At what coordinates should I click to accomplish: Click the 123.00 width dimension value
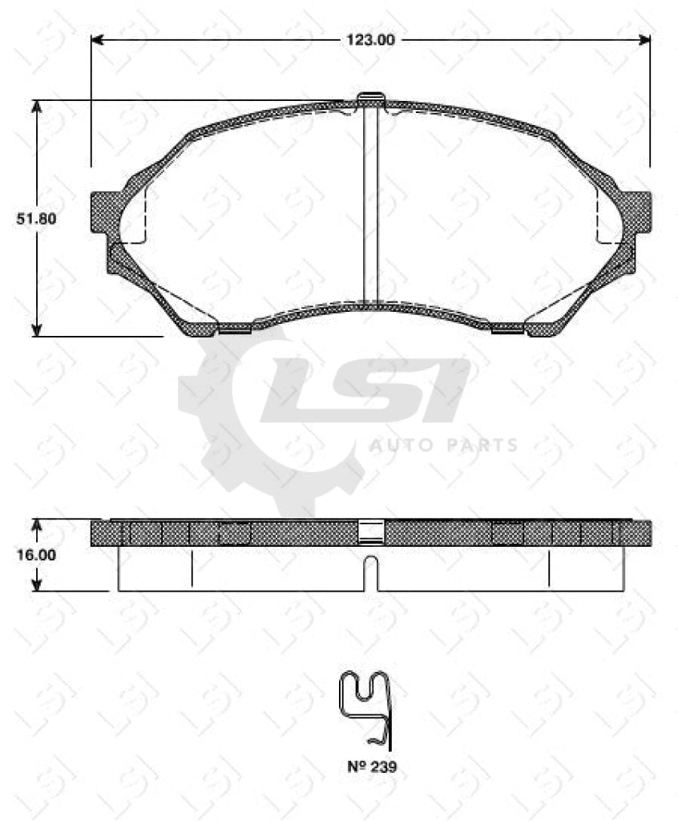click(x=370, y=39)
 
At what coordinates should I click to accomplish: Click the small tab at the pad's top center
click(x=370, y=98)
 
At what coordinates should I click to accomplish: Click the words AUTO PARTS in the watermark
click(x=443, y=445)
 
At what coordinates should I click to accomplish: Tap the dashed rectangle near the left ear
click(x=134, y=216)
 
